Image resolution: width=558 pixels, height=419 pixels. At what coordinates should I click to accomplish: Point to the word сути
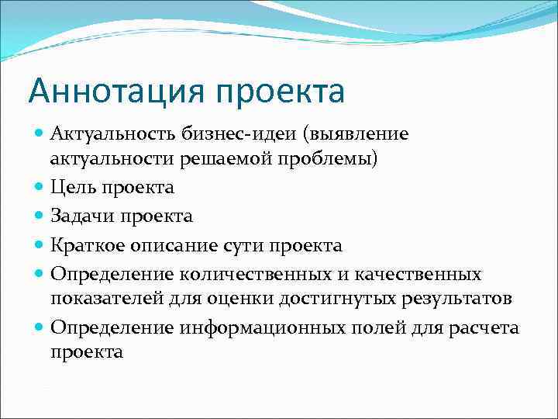[x=245, y=245]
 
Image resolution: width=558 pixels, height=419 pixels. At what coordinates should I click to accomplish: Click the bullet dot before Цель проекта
[x=40, y=188]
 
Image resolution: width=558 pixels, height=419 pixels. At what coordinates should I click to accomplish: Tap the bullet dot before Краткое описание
[x=40, y=246]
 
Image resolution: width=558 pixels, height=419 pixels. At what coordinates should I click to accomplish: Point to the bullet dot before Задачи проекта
[x=40, y=216]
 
